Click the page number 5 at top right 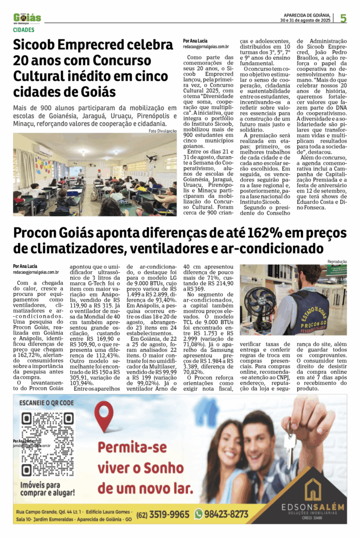pos(343,18)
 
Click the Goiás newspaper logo pos(27,18)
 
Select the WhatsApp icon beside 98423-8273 pos(199,514)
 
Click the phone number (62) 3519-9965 pos(163,514)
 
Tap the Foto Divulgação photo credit pos(162,131)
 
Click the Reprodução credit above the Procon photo pos(337,261)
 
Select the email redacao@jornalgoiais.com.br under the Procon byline pos(36,272)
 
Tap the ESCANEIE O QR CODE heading pos(46,403)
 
